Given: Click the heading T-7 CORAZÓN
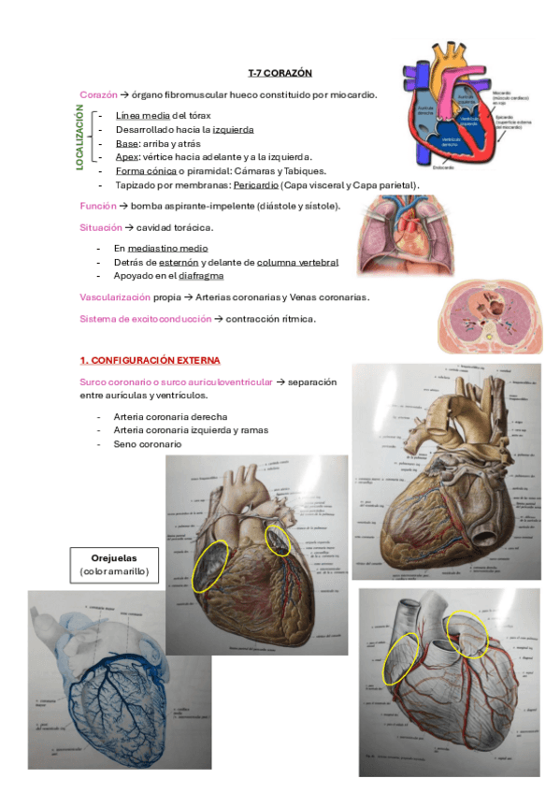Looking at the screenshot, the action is pos(280,72).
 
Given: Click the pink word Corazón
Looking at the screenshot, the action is pos(98,94).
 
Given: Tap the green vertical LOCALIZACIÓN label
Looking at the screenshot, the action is pos(80,138).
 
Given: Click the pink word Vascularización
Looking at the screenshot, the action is pos(115,297).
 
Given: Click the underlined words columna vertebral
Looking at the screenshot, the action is pos(297,263).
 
